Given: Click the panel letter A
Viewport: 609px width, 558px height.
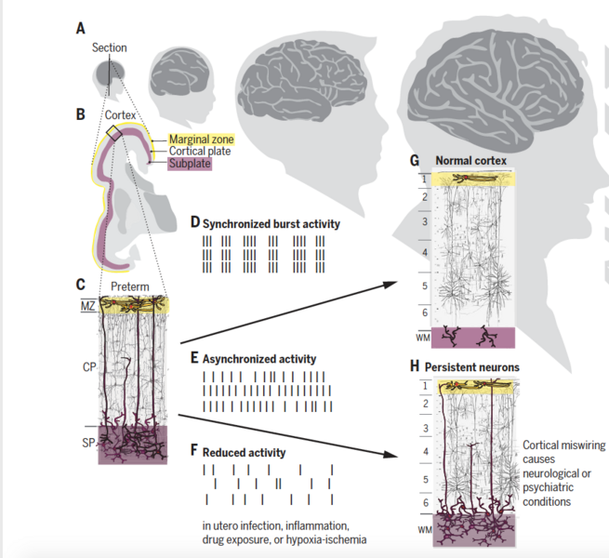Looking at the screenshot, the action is point(80,29).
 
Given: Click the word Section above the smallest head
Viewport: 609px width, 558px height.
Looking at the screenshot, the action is point(109,47).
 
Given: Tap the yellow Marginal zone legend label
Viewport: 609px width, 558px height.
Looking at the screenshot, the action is point(201,139).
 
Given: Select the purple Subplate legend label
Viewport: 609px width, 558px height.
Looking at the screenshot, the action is point(190,164).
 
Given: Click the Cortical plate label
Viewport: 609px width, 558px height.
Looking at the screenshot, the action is point(200,152).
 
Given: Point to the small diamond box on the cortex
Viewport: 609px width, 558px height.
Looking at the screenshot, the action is point(113,133).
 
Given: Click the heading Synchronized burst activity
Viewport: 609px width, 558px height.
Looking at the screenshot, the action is point(271,224).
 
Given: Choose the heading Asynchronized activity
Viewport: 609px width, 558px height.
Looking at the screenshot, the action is point(259,359).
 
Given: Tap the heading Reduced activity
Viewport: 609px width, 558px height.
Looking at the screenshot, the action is point(244,452).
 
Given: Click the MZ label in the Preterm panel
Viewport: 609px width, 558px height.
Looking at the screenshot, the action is point(87,306).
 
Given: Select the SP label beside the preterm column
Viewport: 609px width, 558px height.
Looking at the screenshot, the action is point(88,443).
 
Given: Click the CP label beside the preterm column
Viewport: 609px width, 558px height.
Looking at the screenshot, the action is point(89,366).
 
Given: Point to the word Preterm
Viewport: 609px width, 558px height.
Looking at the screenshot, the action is point(130,286).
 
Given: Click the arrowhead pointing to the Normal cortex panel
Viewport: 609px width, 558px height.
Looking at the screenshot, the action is point(391,284).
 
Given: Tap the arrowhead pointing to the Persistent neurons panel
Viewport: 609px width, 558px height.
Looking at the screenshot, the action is point(391,454).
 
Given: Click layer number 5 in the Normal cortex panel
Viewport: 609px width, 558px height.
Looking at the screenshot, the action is point(425,286).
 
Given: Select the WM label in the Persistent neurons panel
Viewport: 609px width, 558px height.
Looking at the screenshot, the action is point(425,529).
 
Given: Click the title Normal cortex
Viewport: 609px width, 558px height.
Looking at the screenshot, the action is point(470,161).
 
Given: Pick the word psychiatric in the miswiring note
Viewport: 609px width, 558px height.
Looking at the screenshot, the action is point(548,487).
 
